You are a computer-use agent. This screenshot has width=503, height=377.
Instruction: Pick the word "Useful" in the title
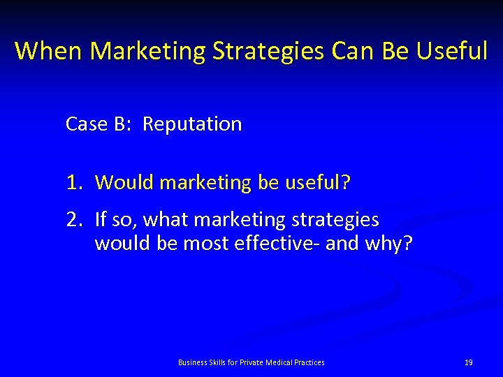point(454,51)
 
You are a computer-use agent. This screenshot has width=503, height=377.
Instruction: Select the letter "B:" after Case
point(122,124)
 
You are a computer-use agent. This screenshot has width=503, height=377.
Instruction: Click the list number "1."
point(75,183)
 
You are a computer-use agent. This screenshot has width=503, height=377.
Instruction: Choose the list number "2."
point(75,220)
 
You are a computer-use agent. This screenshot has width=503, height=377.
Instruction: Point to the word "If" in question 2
point(101,220)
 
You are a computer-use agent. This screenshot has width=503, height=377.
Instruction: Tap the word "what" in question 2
point(167,220)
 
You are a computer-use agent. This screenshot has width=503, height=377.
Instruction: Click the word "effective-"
point(284,244)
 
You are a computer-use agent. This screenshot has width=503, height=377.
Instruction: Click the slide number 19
point(469,362)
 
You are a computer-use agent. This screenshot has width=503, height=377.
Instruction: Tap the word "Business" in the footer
point(192,362)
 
